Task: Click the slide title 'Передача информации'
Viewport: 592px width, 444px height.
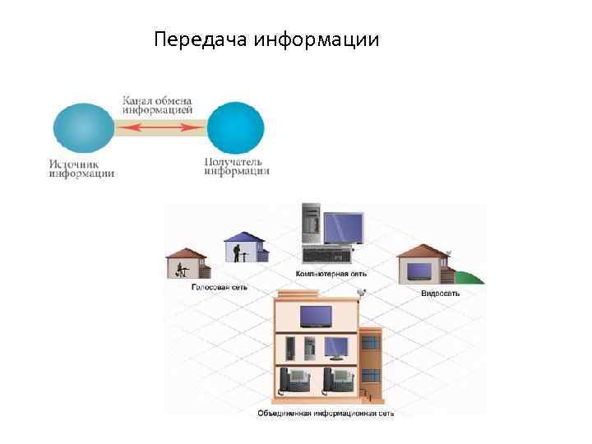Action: tap(266, 39)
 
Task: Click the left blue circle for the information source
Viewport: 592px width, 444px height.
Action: tap(83, 127)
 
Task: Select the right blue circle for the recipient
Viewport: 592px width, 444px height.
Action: tap(235, 127)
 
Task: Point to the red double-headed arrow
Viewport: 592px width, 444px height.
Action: tap(160, 127)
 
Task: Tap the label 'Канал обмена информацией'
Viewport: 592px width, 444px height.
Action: tap(158, 104)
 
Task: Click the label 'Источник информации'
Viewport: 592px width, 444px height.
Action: tap(81, 169)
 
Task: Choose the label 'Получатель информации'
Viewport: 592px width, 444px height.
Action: tap(236, 167)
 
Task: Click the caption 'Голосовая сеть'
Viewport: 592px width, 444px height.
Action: tap(219, 288)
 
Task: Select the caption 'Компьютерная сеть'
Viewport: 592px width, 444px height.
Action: tap(331, 273)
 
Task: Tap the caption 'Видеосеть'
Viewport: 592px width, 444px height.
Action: tap(440, 294)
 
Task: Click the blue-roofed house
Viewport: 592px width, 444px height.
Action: tap(246, 246)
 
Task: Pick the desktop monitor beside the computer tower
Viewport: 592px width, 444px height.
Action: tap(343, 227)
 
